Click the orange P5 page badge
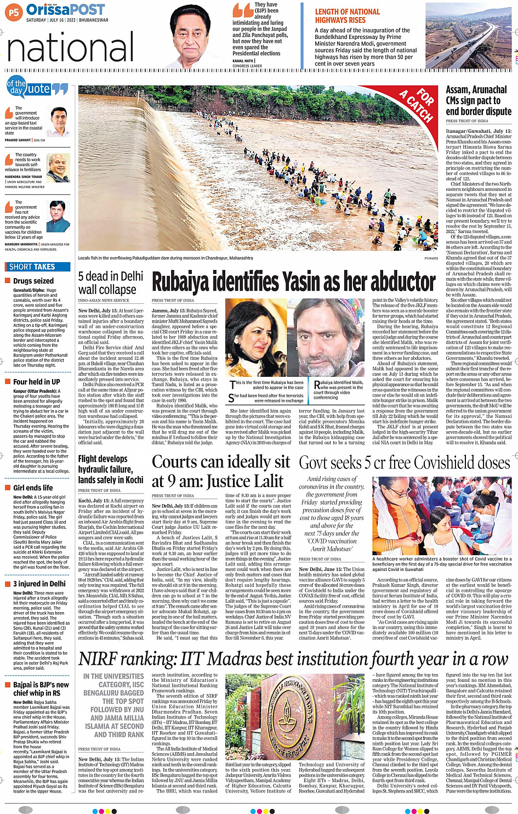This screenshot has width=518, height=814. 13,12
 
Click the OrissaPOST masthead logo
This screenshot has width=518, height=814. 65,10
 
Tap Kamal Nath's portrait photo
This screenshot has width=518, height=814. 198,36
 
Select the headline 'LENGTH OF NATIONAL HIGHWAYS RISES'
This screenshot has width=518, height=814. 347,16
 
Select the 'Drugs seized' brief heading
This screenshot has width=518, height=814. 33,281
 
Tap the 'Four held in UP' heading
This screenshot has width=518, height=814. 36,382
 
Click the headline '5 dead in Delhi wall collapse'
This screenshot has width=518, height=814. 110,282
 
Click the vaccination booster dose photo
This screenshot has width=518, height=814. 442,516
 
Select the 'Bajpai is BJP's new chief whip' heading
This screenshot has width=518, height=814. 41,689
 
